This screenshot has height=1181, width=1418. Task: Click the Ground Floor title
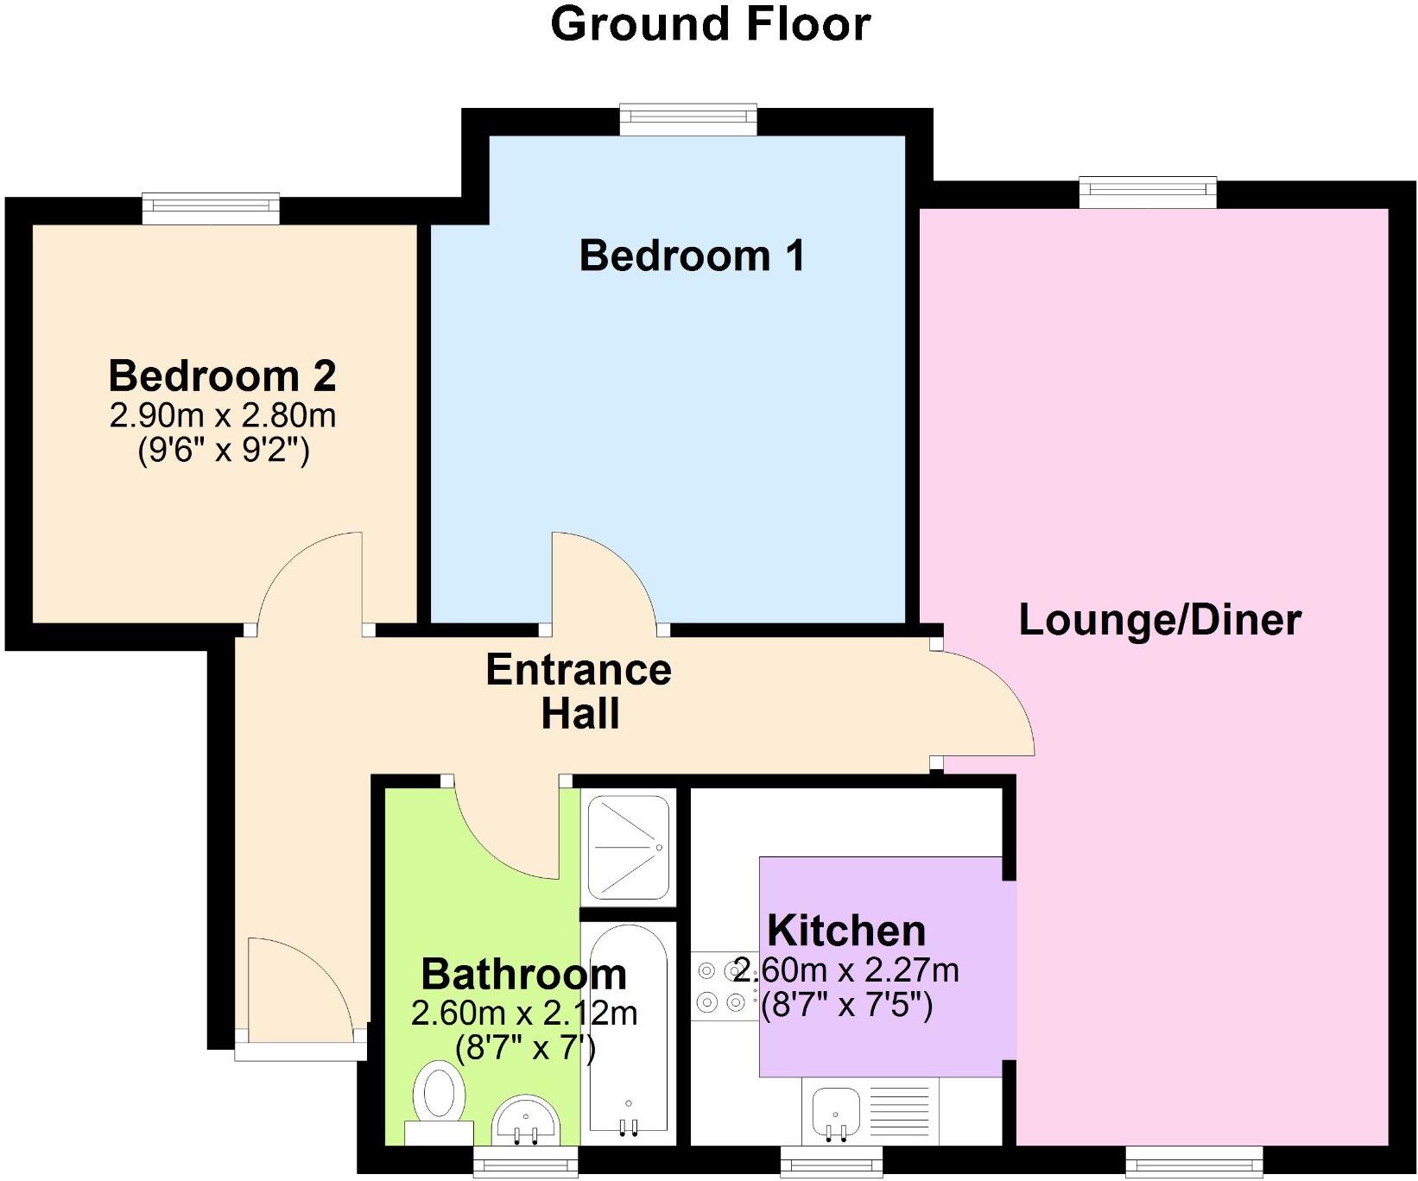(x=710, y=24)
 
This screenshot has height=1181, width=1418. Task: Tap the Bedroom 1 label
(x=692, y=256)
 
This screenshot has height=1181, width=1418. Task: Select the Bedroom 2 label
(x=222, y=376)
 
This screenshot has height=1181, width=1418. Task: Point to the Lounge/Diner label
(x=1160, y=620)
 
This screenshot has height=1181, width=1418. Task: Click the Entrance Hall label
(x=579, y=692)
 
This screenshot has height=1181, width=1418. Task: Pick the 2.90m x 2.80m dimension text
(x=222, y=416)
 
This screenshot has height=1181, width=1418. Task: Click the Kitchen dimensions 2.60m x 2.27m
(x=846, y=970)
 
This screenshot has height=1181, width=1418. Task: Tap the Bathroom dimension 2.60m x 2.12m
(x=524, y=1013)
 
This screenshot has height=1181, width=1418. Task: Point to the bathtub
(x=628, y=1027)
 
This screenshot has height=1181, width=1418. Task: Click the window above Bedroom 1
(x=688, y=120)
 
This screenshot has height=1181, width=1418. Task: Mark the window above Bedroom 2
(x=211, y=208)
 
